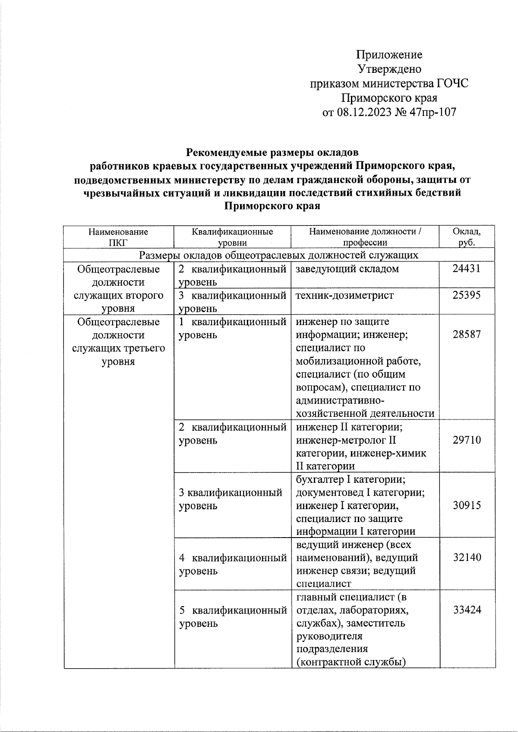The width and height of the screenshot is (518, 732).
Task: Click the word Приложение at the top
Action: pos(389,55)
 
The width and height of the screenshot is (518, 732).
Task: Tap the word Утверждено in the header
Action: pos(389,69)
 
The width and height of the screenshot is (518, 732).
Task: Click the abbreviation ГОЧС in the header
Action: pos(452,84)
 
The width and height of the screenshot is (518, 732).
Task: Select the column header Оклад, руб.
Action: pos(467,237)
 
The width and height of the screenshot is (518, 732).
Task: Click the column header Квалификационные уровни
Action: pos(232,237)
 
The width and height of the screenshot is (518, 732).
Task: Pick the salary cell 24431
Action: pos(467,269)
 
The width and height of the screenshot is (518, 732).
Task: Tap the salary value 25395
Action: pos(467,295)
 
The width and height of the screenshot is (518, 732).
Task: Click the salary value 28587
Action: pos(467,335)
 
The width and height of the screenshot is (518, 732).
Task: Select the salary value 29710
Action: pos(467,440)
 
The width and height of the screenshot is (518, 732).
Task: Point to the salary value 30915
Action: pos(467,505)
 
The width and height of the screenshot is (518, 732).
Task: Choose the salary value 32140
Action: pos(467,557)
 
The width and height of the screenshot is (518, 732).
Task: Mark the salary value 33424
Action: pos(467,610)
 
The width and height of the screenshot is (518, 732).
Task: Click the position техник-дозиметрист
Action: pos(345,295)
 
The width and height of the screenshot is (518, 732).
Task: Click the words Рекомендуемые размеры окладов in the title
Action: pos(272,153)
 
